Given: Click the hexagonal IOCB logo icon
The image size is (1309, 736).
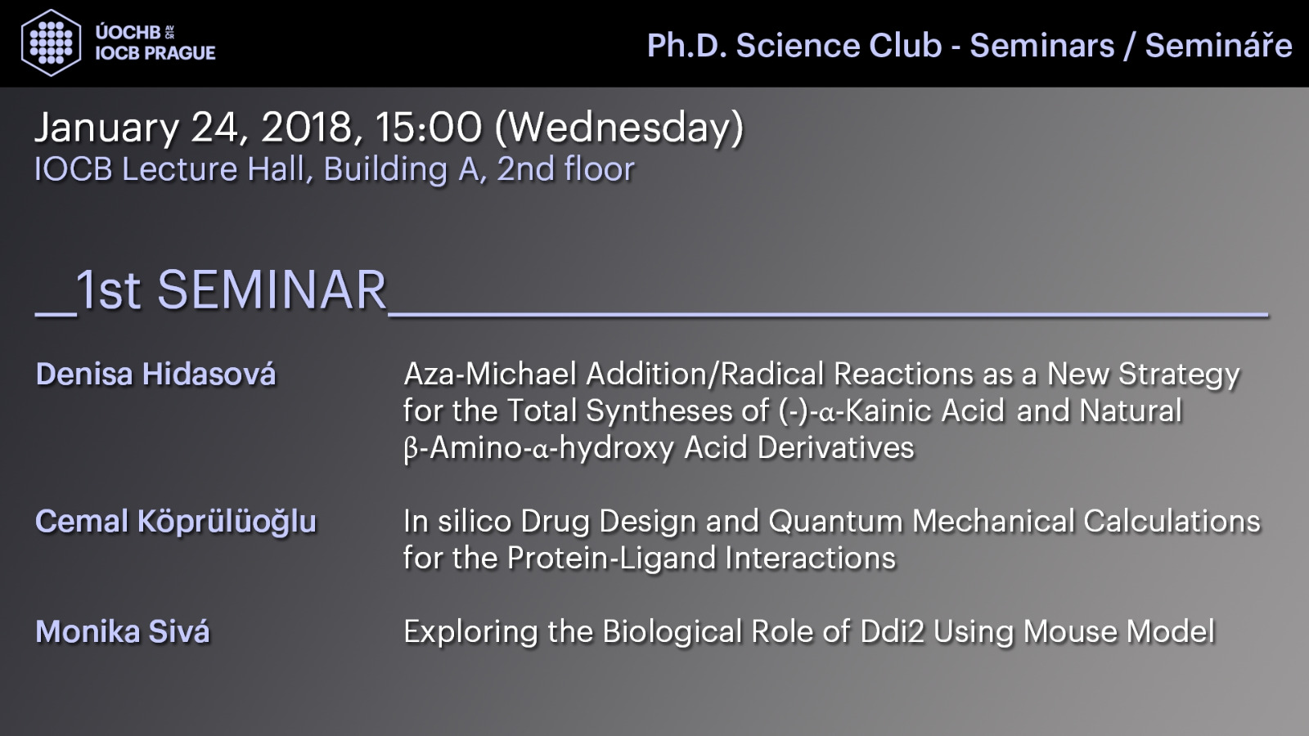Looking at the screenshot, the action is point(51,43).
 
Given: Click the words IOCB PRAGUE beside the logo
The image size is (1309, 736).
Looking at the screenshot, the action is point(155,53).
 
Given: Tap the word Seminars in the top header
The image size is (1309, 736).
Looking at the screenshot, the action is point(1042,46).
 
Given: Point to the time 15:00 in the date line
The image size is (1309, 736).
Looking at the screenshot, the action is point(429,128).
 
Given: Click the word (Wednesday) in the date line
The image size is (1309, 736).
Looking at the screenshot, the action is point(619,128).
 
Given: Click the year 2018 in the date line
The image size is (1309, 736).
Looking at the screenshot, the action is point(307,128).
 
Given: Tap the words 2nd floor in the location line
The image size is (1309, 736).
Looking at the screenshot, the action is point(565,169).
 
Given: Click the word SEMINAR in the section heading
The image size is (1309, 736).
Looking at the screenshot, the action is point(272,290).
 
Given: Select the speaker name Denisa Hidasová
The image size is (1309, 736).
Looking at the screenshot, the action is point(155,374).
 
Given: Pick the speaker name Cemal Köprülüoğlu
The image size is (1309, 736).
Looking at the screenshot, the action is point(176,522).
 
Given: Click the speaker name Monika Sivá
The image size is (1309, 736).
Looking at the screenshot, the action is point(122,631).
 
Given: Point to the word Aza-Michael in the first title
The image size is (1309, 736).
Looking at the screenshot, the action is point(490,374).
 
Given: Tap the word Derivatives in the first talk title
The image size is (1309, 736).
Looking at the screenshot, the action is point(835,448).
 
